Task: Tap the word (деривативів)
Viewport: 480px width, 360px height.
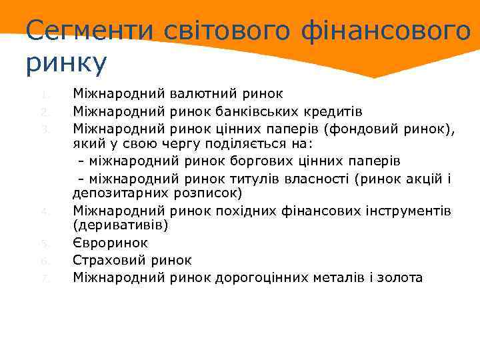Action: (x=121, y=227)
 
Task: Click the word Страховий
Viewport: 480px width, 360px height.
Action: (x=108, y=261)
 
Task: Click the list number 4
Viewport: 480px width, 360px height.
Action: (x=43, y=211)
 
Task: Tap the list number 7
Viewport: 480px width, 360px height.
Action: (x=43, y=278)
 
